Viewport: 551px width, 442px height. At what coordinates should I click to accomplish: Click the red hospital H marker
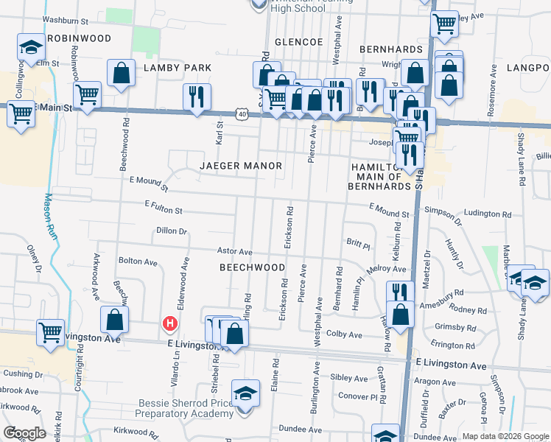(x=170, y=323)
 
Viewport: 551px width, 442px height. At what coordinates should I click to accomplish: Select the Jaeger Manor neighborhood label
(x=241, y=166)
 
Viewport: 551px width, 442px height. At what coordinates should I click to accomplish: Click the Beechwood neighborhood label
(x=253, y=267)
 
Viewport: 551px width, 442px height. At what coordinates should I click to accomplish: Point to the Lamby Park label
(x=178, y=68)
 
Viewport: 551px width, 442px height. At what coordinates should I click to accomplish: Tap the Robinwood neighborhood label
(x=79, y=38)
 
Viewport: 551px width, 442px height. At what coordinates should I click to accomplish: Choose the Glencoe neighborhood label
(x=299, y=42)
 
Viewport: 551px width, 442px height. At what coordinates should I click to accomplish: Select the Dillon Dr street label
(x=172, y=231)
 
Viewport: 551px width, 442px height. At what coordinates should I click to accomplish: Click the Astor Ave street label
(x=235, y=252)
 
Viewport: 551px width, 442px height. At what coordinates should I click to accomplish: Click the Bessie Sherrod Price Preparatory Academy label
(x=186, y=408)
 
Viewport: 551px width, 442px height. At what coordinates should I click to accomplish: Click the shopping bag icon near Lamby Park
(x=121, y=74)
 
